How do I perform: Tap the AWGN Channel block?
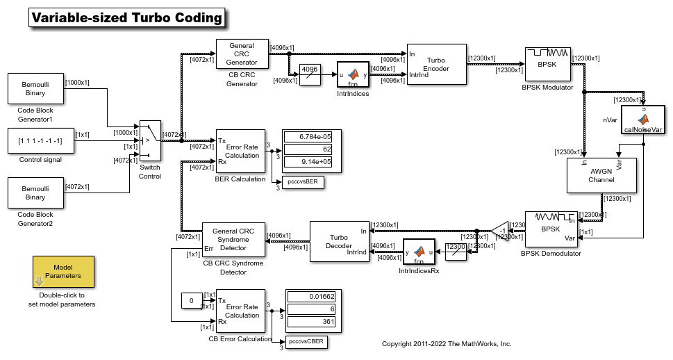point(601,174)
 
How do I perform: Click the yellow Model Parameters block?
point(63,272)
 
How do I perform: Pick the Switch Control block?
point(149,140)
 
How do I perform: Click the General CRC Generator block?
point(242,54)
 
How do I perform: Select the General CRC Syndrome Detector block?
point(233,240)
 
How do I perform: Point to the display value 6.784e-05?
point(308,136)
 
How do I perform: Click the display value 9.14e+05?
point(308,162)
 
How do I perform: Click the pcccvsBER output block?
point(304,182)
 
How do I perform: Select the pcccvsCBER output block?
point(305,341)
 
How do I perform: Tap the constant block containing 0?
point(192,301)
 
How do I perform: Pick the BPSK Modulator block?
point(547,65)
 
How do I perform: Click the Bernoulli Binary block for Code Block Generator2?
point(35,193)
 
